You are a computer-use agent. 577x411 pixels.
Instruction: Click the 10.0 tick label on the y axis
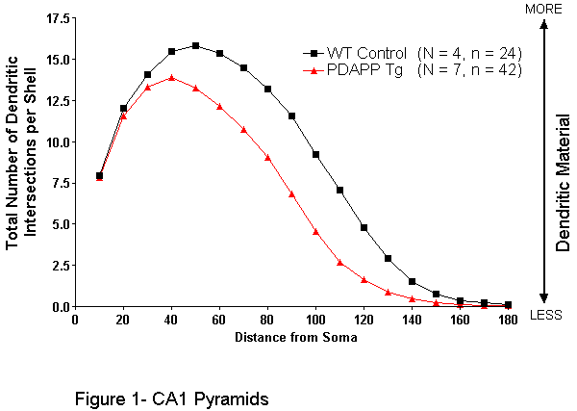coord(56,141)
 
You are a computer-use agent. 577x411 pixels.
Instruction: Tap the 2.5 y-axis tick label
coord(59,265)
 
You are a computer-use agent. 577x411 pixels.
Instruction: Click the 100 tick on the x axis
coord(315,320)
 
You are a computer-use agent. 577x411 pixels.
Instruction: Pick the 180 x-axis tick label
coord(508,320)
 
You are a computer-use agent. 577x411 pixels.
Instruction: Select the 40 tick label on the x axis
coord(171,320)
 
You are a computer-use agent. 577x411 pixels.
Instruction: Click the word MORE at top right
coord(544,9)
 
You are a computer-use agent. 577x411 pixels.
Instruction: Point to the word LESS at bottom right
coord(545,315)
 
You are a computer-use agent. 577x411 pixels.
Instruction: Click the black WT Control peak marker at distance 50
coord(195,45)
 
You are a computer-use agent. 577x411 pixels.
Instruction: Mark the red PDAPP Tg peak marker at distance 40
coord(171,77)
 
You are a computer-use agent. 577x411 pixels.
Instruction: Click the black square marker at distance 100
coord(315,154)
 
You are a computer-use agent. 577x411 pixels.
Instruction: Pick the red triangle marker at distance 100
coord(315,231)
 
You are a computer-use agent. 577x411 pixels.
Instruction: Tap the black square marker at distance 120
coord(364,227)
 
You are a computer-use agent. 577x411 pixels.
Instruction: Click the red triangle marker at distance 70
coord(243,130)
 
